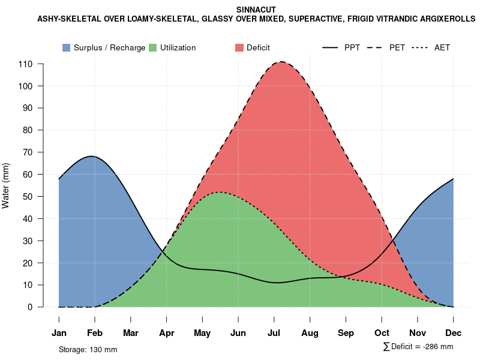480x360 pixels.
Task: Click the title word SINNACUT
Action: click(256, 10)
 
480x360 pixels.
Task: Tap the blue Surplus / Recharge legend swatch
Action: click(66, 47)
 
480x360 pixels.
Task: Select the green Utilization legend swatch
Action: click(152, 47)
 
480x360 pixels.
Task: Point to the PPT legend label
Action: click(352, 47)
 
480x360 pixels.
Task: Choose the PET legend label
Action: click(397, 47)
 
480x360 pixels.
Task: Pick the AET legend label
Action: click(442, 47)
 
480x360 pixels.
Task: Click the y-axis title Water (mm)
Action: click(6, 185)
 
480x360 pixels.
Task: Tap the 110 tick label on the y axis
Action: click(25, 64)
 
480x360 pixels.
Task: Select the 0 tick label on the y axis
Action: click(30, 307)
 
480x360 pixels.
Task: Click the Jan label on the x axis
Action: click(59, 332)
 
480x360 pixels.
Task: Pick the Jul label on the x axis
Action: click(274, 332)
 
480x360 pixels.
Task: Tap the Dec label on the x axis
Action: click(454, 332)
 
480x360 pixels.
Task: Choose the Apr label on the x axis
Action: click(166, 332)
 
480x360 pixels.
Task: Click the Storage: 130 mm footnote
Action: click(88, 349)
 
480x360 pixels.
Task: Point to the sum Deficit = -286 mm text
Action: click(418, 347)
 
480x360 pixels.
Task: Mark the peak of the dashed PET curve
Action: click(281, 62)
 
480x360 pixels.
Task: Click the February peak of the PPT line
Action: click(92, 156)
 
